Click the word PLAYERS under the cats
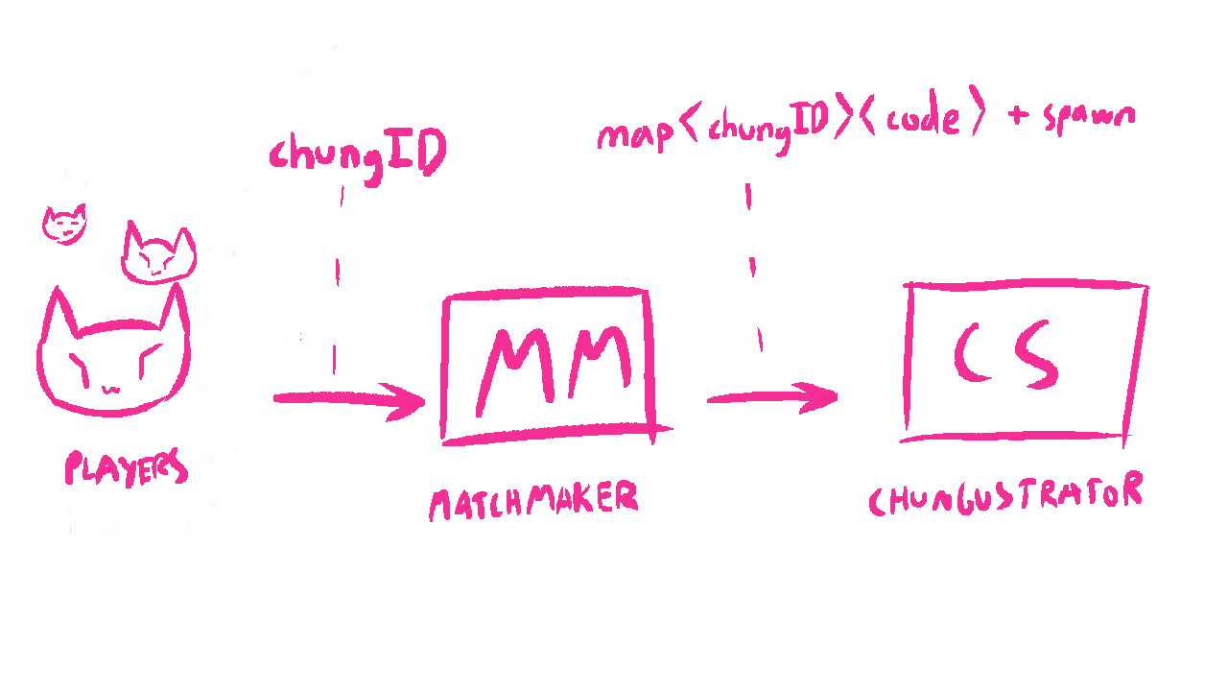[125, 468]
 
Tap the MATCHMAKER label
[533, 500]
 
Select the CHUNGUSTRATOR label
[1005, 495]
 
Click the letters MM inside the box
[555, 365]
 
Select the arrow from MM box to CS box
[772, 396]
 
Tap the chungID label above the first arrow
[357, 154]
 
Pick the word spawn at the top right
[1090, 116]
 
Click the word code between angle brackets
[921, 119]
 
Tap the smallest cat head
[68, 226]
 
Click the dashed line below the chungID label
[337, 278]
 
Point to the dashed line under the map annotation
[753, 269]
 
